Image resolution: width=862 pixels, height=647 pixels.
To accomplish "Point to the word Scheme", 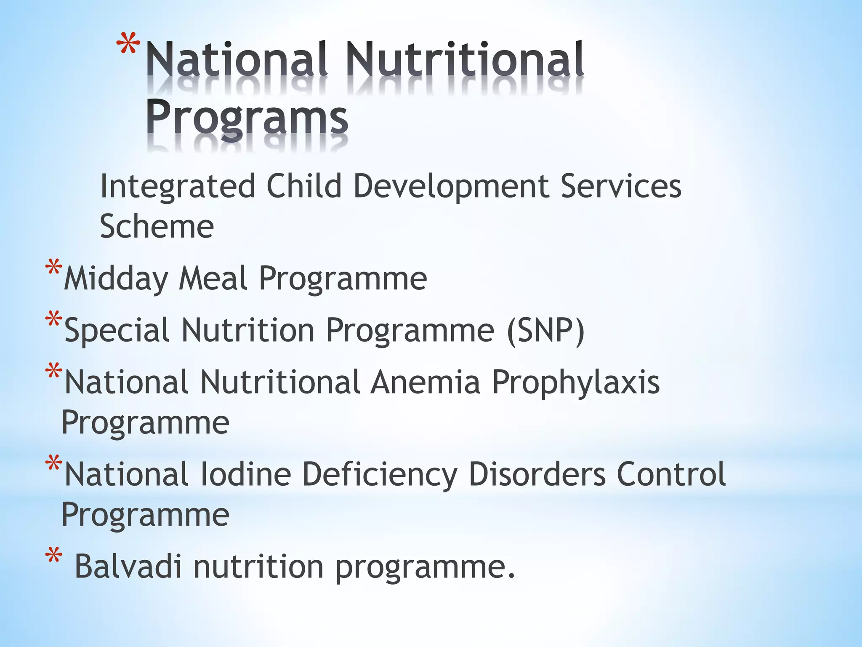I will (157, 227).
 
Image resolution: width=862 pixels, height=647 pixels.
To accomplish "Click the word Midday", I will (115, 279).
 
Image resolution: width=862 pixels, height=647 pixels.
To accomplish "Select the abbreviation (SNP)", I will (546, 331).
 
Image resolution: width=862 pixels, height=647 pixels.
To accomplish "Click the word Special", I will (117, 331).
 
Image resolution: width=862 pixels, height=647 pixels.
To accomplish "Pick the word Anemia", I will (425, 382).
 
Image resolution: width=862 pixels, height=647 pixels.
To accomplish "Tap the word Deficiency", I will (379, 475).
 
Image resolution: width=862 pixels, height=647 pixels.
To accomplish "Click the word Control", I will (671, 474).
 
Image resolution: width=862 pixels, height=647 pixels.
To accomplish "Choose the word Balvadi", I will (128, 567).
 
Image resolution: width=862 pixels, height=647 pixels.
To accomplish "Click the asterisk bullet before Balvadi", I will (54, 556).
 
